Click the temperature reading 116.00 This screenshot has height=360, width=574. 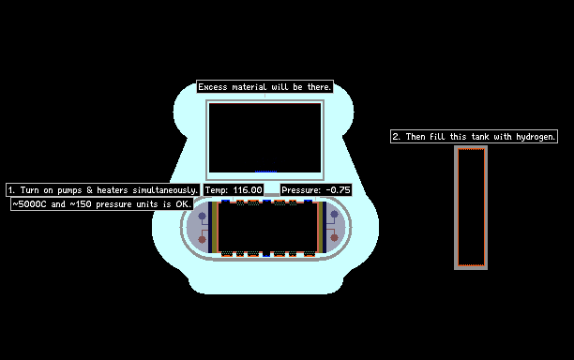(248, 190)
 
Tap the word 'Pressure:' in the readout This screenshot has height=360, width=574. (301, 190)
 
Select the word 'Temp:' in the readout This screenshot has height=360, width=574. (217, 190)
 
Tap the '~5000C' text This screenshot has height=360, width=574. (29, 203)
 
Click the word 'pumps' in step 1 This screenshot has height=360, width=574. (69, 190)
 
